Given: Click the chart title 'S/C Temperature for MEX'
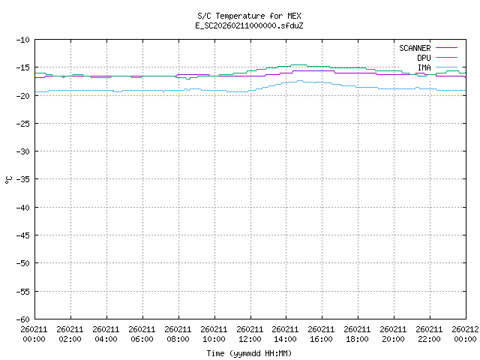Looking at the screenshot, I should (250, 16).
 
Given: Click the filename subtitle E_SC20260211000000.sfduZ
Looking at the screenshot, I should (250, 25).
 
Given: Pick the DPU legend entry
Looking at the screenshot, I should (424, 58).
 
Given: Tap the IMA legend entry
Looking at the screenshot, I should (424, 67).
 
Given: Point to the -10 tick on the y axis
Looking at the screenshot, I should (22, 40).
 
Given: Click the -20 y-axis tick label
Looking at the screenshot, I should (22, 96).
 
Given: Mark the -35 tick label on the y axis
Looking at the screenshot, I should (22, 179).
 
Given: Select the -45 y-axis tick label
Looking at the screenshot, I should (22, 235).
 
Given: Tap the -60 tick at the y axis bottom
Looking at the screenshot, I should (22, 319).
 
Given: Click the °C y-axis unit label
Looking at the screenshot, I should (9, 179).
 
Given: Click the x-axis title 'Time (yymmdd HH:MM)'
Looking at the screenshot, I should (250, 353).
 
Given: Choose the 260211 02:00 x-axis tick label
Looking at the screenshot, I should (70, 333).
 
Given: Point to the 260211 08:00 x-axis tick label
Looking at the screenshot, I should (178, 333).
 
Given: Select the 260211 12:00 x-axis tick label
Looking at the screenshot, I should (250, 333).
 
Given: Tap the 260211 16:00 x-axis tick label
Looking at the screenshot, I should (321, 333).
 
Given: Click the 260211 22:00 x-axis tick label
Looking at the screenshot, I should (429, 333).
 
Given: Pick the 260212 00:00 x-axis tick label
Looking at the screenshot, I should (465, 333).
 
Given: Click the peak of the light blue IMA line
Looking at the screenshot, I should (300, 81).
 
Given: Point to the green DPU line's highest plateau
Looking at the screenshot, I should (298, 65).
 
